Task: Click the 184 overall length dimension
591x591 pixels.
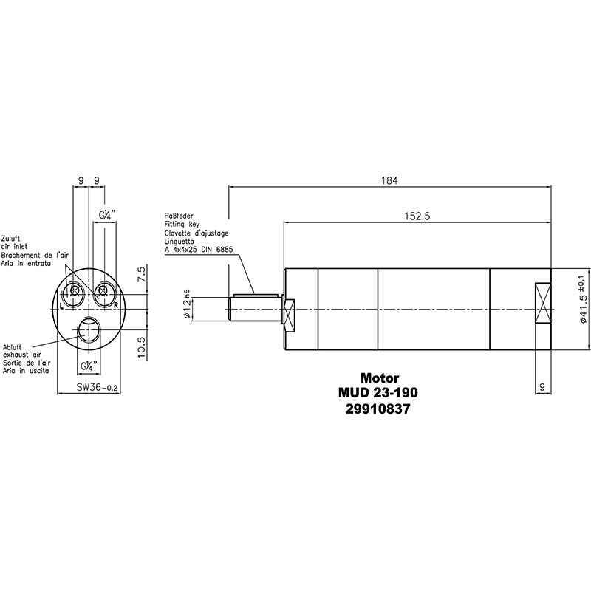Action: (389, 180)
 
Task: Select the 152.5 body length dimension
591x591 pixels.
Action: (417, 216)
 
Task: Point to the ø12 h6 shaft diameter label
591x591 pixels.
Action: (187, 304)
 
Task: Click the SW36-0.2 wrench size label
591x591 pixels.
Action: (98, 387)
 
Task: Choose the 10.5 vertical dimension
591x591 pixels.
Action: (141, 347)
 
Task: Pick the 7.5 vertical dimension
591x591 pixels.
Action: (141, 274)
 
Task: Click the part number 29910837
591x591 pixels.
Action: (378, 409)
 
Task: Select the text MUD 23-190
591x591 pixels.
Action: (378, 393)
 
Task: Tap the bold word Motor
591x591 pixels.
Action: (380, 378)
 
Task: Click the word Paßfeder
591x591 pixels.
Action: (179, 216)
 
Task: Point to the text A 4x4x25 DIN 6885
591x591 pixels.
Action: (199, 250)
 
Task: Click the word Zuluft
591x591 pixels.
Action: (10, 239)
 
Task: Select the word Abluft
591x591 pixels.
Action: (12, 347)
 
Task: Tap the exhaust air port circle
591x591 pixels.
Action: (89, 329)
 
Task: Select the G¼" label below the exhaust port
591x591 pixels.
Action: (89, 366)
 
